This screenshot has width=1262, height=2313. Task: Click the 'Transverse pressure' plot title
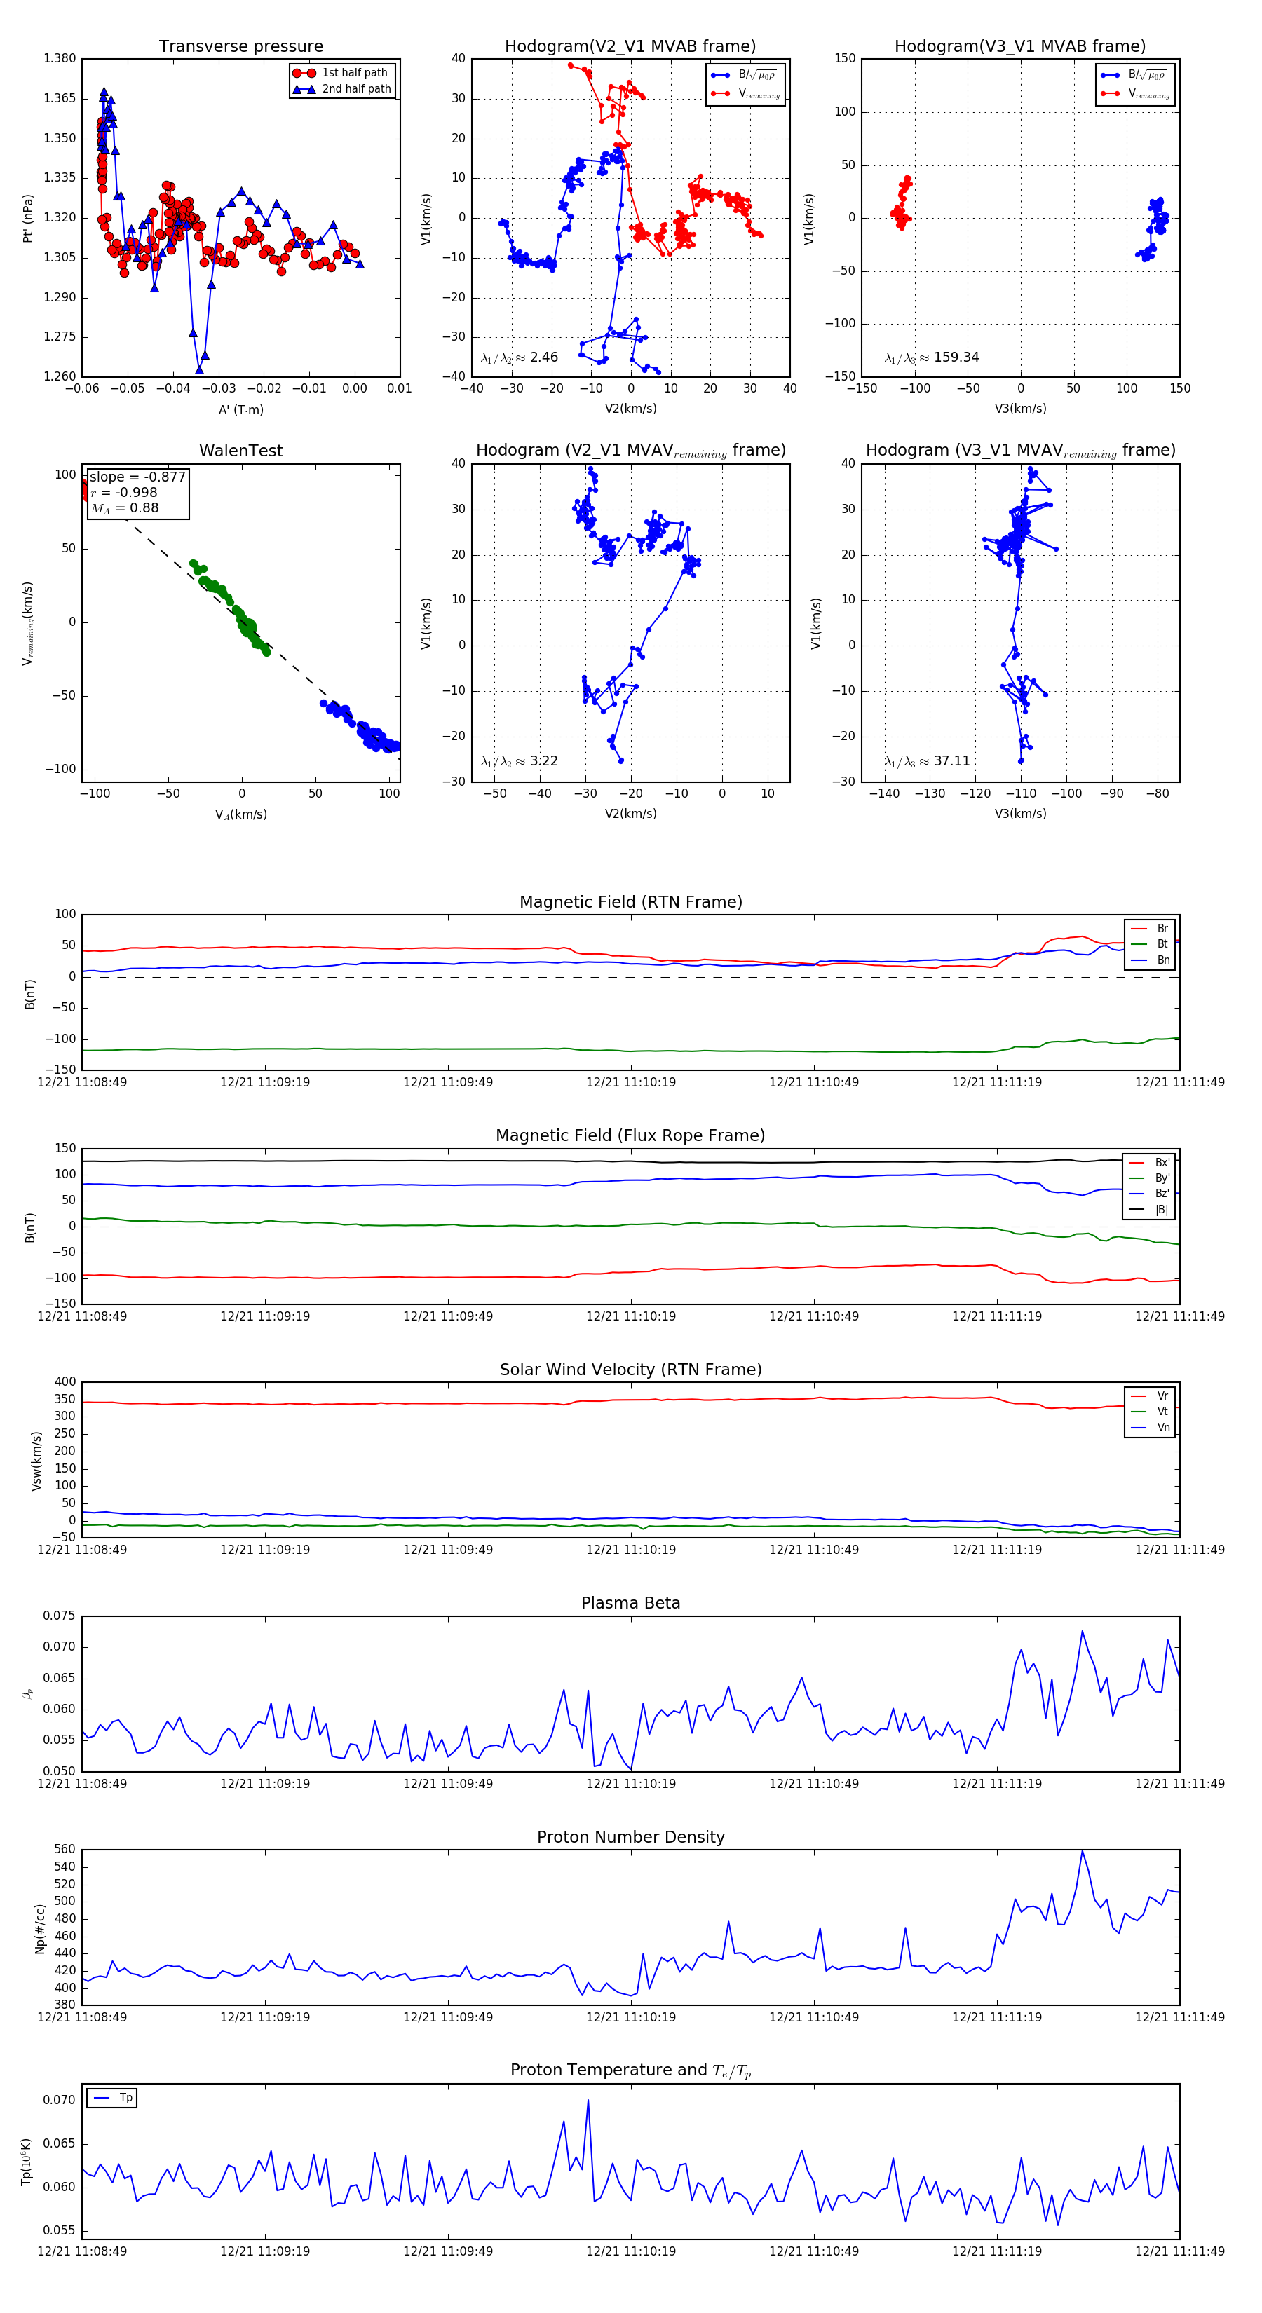point(240,47)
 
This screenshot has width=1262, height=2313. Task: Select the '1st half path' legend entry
point(354,73)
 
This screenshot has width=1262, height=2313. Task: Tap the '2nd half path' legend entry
point(355,89)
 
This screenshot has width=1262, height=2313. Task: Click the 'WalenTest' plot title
point(240,451)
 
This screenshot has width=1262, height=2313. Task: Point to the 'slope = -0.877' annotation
point(137,477)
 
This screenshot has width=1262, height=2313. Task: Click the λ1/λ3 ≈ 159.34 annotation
point(932,357)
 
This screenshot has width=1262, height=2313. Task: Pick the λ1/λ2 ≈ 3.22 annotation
point(519,761)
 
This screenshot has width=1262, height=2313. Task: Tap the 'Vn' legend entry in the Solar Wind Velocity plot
point(1162,1428)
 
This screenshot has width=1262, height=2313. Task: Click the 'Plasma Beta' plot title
point(630,1603)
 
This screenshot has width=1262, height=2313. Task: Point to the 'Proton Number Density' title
point(630,1837)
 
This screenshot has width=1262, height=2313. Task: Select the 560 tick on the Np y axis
point(65,1850)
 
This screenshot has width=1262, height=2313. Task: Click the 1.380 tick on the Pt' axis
point(60,58)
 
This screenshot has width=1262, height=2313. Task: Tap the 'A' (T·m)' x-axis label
point(240,409)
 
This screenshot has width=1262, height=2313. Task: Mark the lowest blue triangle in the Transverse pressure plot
point(199,369)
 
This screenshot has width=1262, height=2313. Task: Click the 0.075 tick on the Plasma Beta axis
point(60,1616)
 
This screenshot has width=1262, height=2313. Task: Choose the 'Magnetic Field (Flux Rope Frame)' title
point(630,1136)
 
